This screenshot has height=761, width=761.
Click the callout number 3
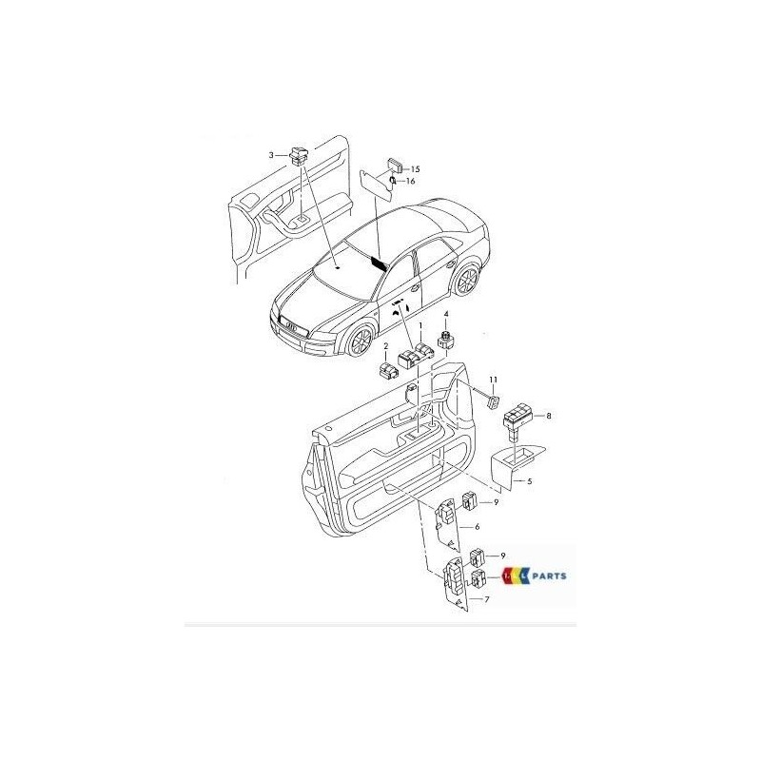(x=271, y=154)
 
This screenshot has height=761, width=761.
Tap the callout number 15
(x=416, y=168)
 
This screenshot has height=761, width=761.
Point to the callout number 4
(x=444, y=314)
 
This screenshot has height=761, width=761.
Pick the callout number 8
(x=549, y=416)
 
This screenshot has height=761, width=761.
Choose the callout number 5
(x=529, y=481)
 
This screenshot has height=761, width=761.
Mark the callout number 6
(x=476, y=526)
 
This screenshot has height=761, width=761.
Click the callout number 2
(x=386, y=347)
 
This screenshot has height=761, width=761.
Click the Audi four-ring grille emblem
(x=290, y=326)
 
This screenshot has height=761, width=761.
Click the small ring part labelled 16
(x=393, y=181)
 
